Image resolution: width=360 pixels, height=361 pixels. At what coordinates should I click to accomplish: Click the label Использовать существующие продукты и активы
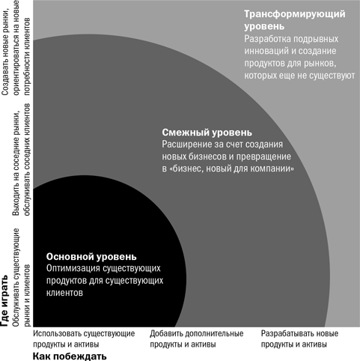(84, 339)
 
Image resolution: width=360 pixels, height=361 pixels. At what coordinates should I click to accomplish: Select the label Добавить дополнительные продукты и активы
(197, 339)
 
